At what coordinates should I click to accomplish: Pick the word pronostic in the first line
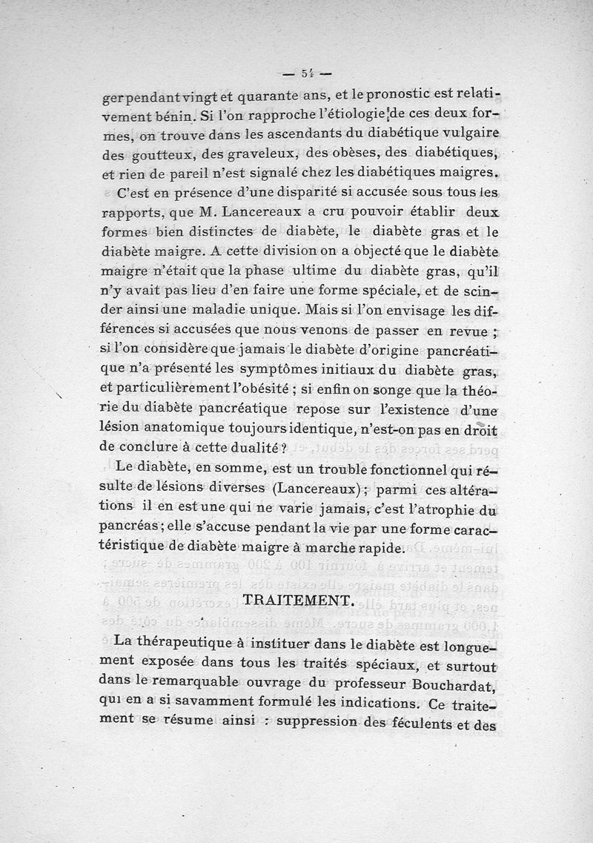[x=388, y=96]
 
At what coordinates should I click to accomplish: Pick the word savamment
[x=220, y=700]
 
